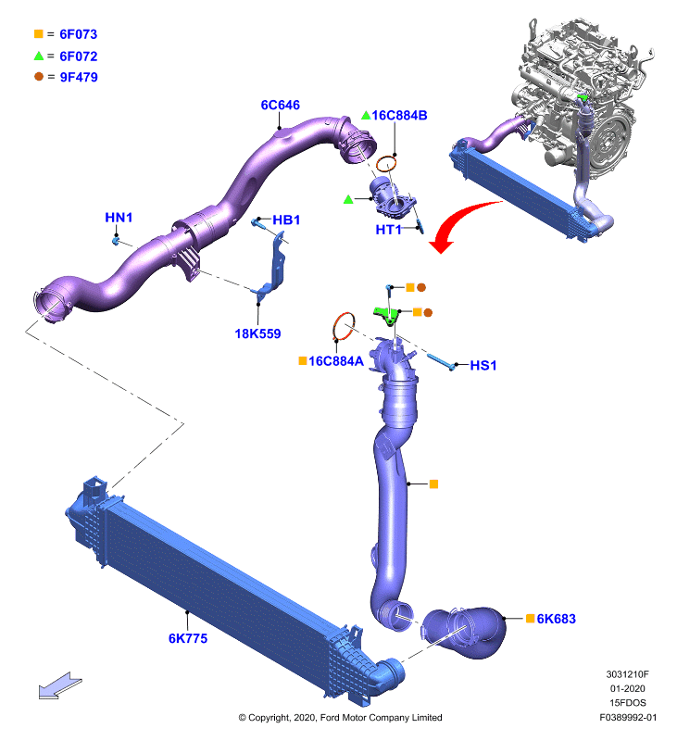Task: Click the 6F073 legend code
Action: [x=79, y=34]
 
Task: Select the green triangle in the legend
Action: [x=39, y=56]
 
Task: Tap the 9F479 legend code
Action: [x=79, y=77]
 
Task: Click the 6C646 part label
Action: [x=281, y=105]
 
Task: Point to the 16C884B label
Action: [x=399, y=115]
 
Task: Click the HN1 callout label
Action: [x=119, y=218]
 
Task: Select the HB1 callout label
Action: [x=286, y=220]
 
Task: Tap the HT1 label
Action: [x=388, y=230]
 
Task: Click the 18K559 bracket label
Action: [x=257, y=333]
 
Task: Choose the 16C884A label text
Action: [x=336, y=361]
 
